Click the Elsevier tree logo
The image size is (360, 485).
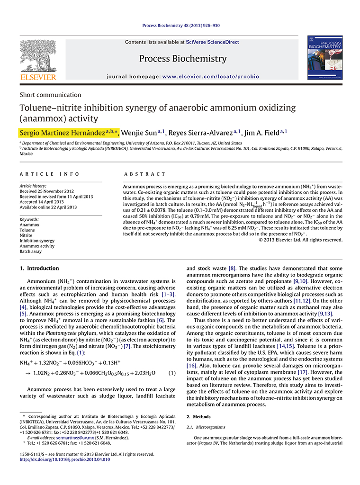(x=37, y=55)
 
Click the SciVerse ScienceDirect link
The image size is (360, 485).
(x=213, y=42)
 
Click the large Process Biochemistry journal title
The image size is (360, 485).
(x=183, y=59)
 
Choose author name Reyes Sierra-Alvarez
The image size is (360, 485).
(x=203, y=132)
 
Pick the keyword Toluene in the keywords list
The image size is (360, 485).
(x=28, y=230)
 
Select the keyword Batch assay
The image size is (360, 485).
(x=31, y=251)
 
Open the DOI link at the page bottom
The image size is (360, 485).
(x=64, y=459)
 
